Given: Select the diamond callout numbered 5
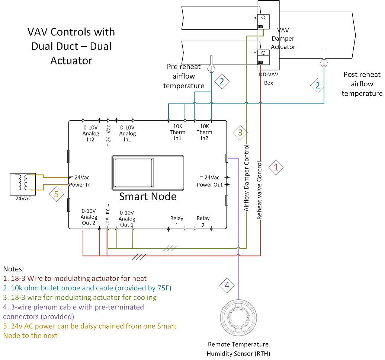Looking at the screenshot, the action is pos(57,194).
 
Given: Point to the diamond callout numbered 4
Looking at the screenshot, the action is pos(227,285).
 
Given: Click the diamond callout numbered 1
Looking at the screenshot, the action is pos(276,168).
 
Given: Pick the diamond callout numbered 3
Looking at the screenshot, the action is pos(240,133).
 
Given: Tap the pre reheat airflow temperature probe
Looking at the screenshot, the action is pos(211,64).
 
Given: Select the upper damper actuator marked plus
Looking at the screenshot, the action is pos(263,22).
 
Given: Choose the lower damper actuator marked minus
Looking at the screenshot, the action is pos(263,57).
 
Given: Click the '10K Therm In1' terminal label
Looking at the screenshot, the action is pos(177,132).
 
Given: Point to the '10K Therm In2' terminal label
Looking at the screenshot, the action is pos(204,132).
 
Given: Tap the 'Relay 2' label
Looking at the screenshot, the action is pos(203,222).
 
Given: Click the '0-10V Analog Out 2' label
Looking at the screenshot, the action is pos(89,217).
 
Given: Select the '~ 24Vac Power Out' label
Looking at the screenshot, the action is pos(210,181).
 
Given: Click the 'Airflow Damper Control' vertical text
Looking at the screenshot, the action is pos(246,178).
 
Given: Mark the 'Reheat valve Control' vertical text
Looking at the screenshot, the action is pos(259,190).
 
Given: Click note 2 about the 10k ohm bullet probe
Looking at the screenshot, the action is pos(87,288).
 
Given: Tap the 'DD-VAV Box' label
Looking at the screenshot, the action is pos(269,79).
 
